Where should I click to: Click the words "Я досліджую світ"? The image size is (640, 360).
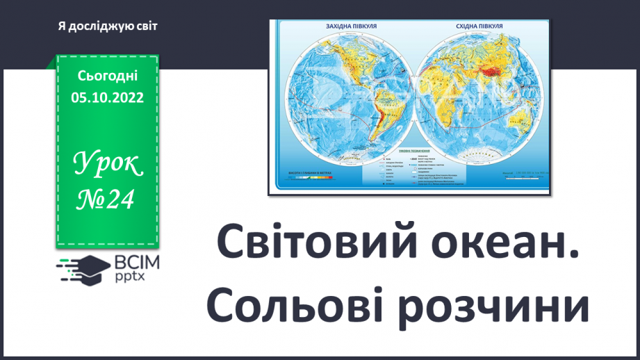pos(108,26)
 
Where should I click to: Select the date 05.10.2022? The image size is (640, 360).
pos(108,98)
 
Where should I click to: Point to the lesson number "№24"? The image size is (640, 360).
pos(107,200)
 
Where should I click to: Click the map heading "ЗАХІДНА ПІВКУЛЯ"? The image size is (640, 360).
pos(351,26)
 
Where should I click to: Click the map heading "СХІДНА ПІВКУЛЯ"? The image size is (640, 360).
pos(479,26)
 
